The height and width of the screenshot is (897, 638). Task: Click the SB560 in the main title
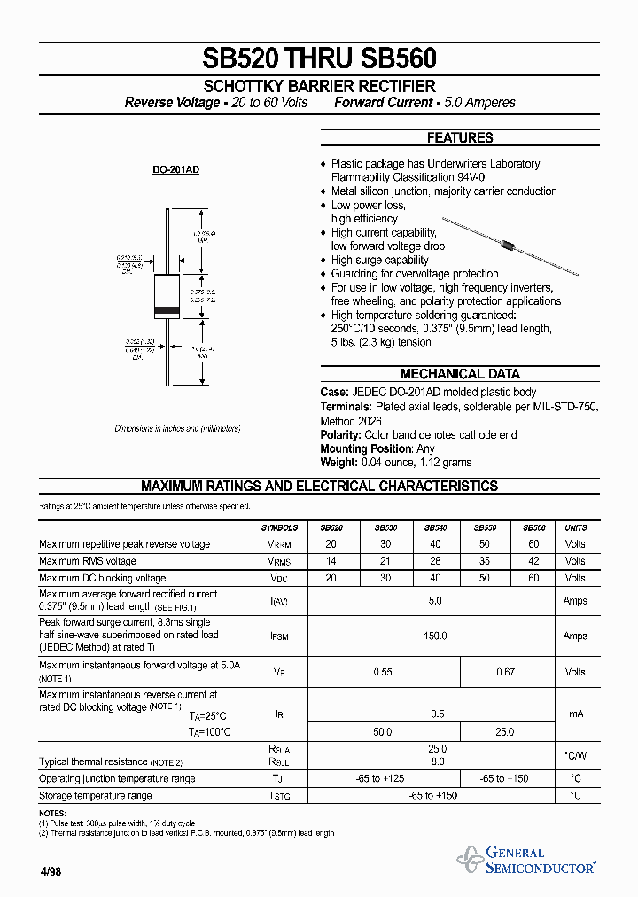[x=398, y=58]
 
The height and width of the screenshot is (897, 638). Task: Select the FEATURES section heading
[x=459, y=138]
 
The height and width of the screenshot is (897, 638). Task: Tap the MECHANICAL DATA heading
[x=459, y=374]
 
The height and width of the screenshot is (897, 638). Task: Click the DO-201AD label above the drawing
[x=176, y=168]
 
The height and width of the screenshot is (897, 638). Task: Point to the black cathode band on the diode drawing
[x=167, y=310]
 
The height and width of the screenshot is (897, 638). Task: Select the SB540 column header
[x=435, y=527]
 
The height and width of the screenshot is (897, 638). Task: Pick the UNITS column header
[x=575, y=527]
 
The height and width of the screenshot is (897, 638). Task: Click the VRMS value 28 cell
[x=435, y=561]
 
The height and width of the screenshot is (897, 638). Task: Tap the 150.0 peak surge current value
[x=435, y=636]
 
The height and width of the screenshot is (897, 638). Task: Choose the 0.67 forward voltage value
[x=505, y=672]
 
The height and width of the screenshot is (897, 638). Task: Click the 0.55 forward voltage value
[x=383, y=672]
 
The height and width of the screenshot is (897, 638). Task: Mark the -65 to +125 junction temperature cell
[x=383, y=778]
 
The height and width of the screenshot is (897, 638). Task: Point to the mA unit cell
[x=575, y=714]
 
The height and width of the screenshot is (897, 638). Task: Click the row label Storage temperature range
[x=96, y=796]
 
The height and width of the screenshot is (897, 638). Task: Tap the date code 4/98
[x=50, y=872]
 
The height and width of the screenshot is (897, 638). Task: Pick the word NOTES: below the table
[x=52, y=813]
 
